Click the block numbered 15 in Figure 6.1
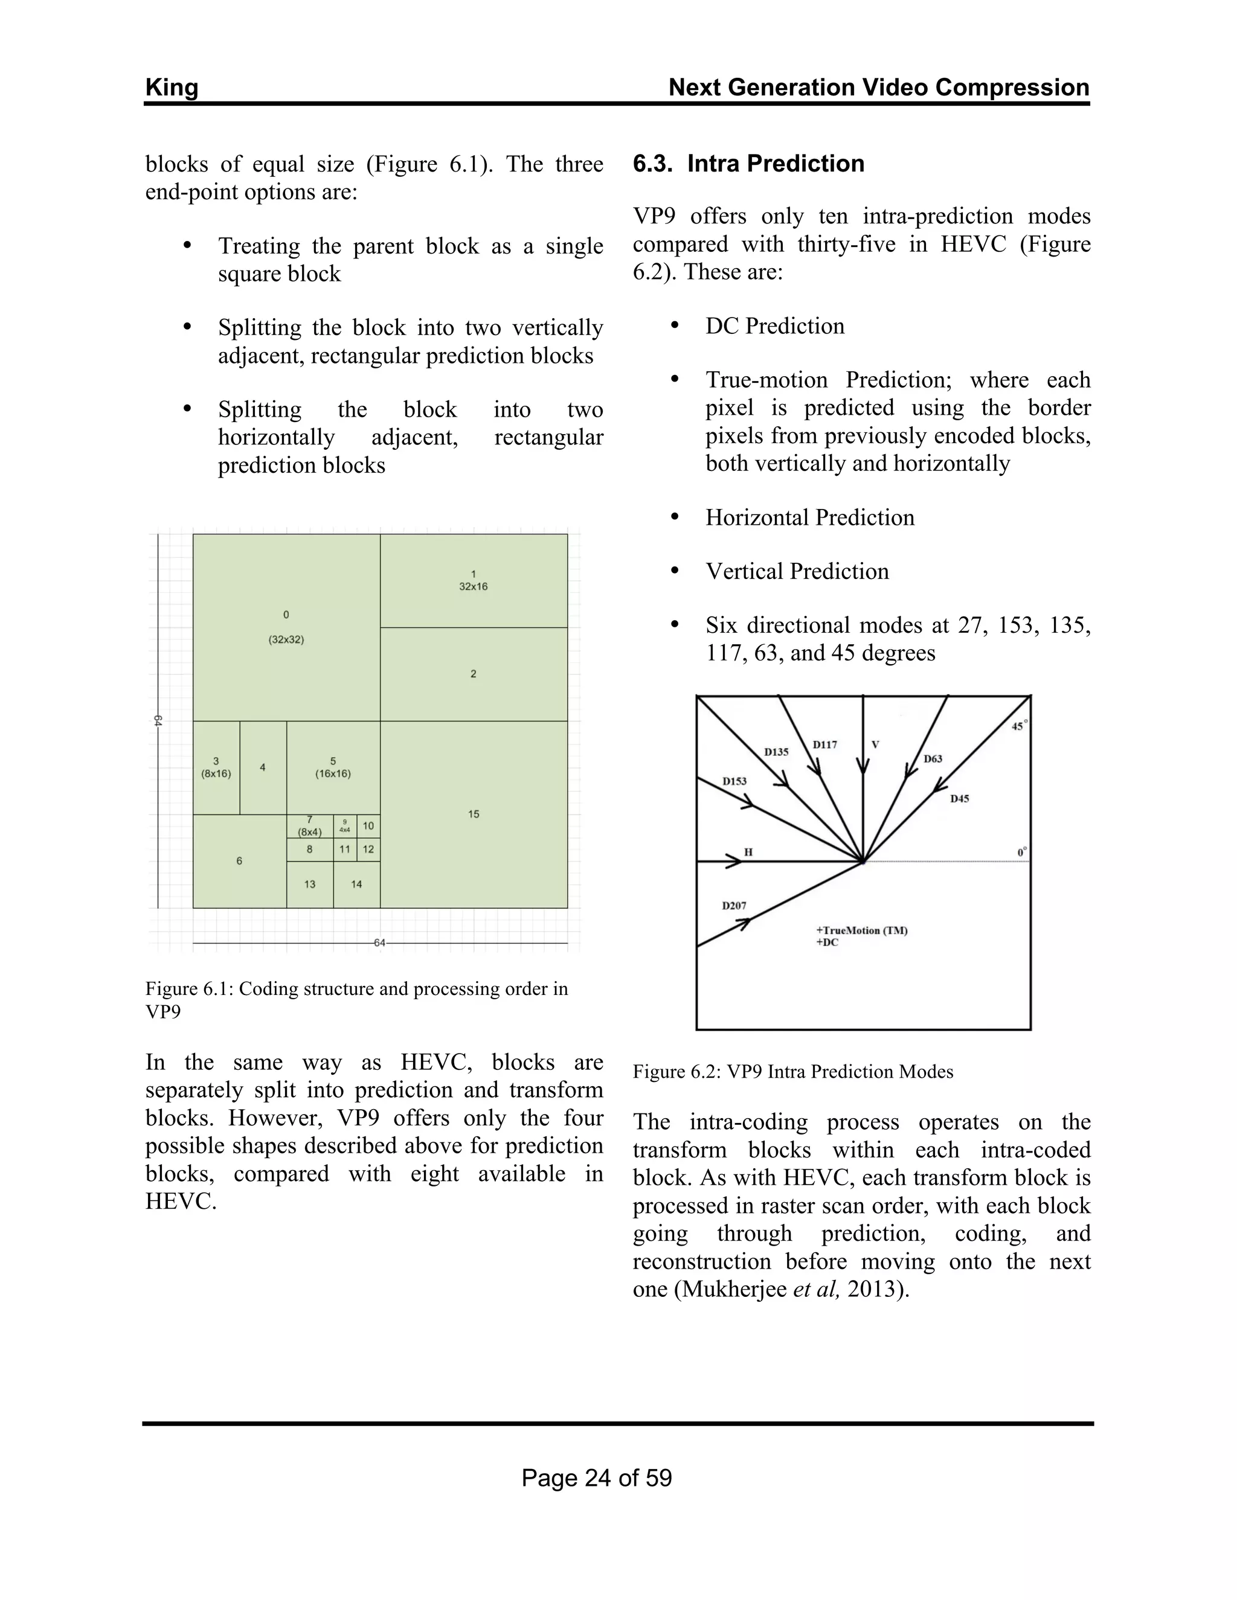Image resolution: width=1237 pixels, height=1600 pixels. [474, 814]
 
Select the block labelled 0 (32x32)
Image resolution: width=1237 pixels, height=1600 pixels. [286, 627]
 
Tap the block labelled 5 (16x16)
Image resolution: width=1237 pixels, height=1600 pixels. [333, 767]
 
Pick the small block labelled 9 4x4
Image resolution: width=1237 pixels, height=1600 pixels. [344, 825]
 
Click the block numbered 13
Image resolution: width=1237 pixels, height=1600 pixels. [309, 885]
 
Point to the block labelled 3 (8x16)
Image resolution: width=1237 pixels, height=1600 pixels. [216, 767]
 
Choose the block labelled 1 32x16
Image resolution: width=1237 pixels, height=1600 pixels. [474, 580]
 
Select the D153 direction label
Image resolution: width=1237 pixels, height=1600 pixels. [734, 781]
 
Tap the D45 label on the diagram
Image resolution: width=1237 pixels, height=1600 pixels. [959, 799]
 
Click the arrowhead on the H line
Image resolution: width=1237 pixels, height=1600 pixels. [733, 862]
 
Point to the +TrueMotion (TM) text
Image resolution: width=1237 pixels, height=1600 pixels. [862, 930]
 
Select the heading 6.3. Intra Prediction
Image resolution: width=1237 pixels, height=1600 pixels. [748, 164]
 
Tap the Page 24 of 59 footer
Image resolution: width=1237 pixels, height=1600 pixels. [597, 1477]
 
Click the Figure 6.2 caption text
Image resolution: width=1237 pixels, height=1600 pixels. [793, 1072]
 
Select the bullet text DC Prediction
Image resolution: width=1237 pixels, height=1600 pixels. [774, 326]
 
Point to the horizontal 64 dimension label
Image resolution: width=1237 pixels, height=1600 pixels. [379, 943]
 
